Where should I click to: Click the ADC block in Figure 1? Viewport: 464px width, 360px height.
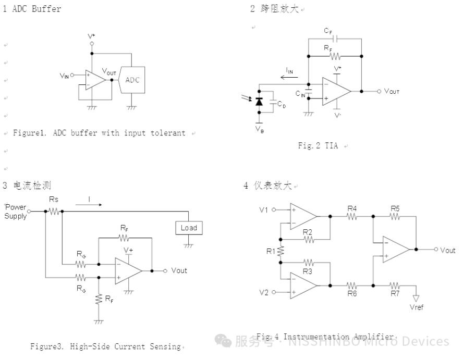(132, 80)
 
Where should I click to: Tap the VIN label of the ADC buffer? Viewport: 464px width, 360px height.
(64, 76)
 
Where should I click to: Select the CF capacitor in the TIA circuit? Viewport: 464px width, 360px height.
(336, 39)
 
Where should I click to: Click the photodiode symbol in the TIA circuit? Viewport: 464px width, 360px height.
(259, 102)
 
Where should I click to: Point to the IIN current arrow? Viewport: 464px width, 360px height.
(289, 78)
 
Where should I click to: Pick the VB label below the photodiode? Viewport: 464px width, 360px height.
(260, 129)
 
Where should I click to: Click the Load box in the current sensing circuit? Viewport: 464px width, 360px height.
(189, 228)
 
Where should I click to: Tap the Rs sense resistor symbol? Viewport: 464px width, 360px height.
(54, 211)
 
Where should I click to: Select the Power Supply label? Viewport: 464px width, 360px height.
(16, 211)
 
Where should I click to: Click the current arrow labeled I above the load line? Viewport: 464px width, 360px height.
(89, 204)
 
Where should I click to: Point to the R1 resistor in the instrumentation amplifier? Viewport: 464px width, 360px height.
(280, 251)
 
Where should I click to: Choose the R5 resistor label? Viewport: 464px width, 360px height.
(395, 208)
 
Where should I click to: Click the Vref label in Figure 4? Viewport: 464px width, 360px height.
(417, 307)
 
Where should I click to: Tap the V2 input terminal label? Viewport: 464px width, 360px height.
(264, 292)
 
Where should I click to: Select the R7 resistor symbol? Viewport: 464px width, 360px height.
(395, 285)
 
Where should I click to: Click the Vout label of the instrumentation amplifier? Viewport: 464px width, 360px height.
(448, 250)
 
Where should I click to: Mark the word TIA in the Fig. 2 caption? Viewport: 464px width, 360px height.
(331, 145)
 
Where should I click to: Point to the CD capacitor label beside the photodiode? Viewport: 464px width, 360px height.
(282, 104)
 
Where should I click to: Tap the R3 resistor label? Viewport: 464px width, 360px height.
(307, 271)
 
